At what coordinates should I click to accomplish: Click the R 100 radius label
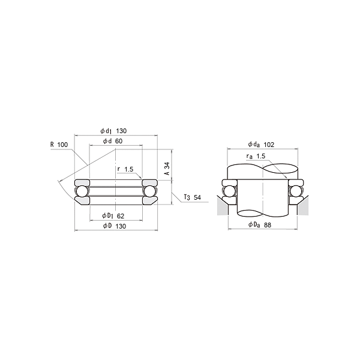pyautogui.click(x=59, y=145)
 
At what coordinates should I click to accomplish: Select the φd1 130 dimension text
pyautogui.click(x=113, y=131)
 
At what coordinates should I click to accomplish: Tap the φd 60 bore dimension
pyautogui.click(x=113, y=141)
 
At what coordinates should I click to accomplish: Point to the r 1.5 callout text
pyautogui.click(x=125, y=169)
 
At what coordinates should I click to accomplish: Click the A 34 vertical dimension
pyautogui.click(x=167, y=169)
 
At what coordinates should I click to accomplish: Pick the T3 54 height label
pyautogui.click(x=193, y=197)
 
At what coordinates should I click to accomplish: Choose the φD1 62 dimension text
pyautogui.click(x=113, y=216)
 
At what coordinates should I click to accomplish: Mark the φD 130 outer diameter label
pyautogui.click(x=115, y=226)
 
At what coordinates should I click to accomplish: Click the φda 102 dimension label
pyautogui.click(x=261, y=145)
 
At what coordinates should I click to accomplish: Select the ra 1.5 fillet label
pyautogui.click(x=256, y=157)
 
